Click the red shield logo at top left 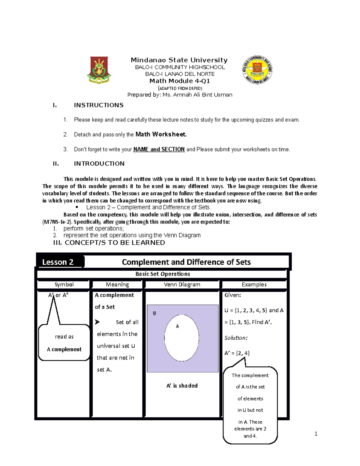click(99, 70)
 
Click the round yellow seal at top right click(257, 70)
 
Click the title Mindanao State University click(179, 60)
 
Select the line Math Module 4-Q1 click(179, 81)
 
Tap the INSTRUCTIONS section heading click(99, 105)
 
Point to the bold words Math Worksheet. click(161, 134)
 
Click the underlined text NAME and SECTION click(159, 149)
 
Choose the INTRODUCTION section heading click(99, 164)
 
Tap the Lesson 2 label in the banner click(58, 262)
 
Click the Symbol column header click(64, 284)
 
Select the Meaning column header click(117, 284)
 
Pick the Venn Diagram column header click(182, 284)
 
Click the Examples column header click(254, 284)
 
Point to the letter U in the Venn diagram click(154, 313)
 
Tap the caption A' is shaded click(182, 386)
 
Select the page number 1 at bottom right click(316, 434)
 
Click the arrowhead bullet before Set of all click(97, 322)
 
